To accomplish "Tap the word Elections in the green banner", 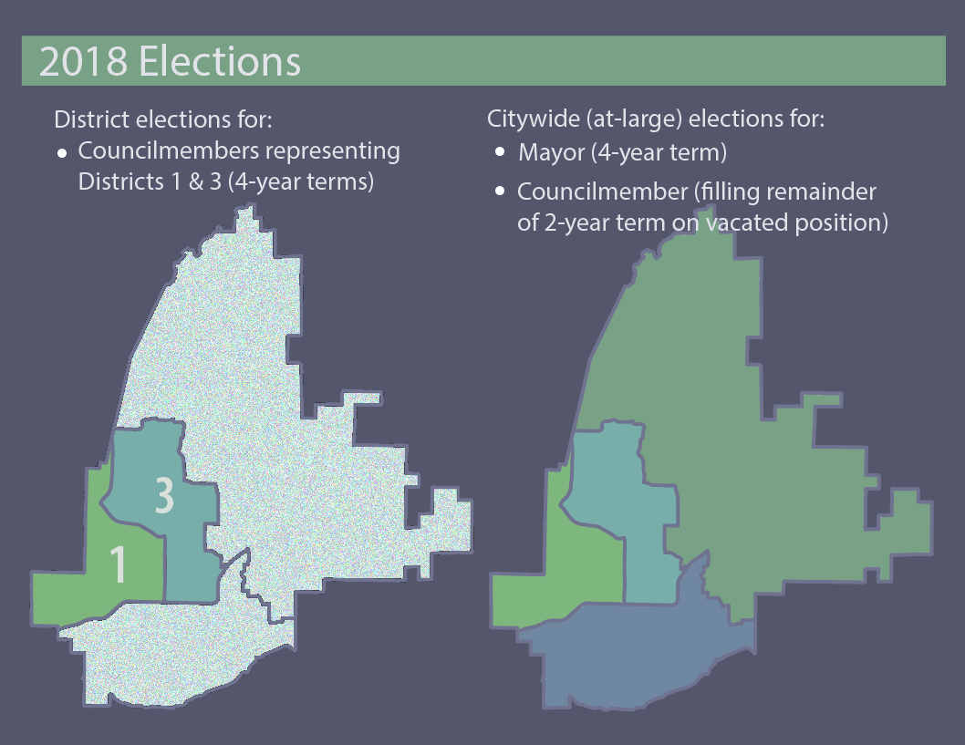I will [220, 61].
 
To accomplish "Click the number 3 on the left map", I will [163, 495].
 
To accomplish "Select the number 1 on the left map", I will [118, 564].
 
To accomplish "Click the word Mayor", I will [551, 152].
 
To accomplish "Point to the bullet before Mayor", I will [500, 152].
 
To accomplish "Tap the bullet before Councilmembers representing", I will [61, 152].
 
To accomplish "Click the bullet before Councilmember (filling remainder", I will [500, 192].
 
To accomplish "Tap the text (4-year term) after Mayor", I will [659, 152].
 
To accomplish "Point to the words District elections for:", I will [164, 119].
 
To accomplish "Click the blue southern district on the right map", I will [638, 657].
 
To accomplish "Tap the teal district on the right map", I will [629, 511].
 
